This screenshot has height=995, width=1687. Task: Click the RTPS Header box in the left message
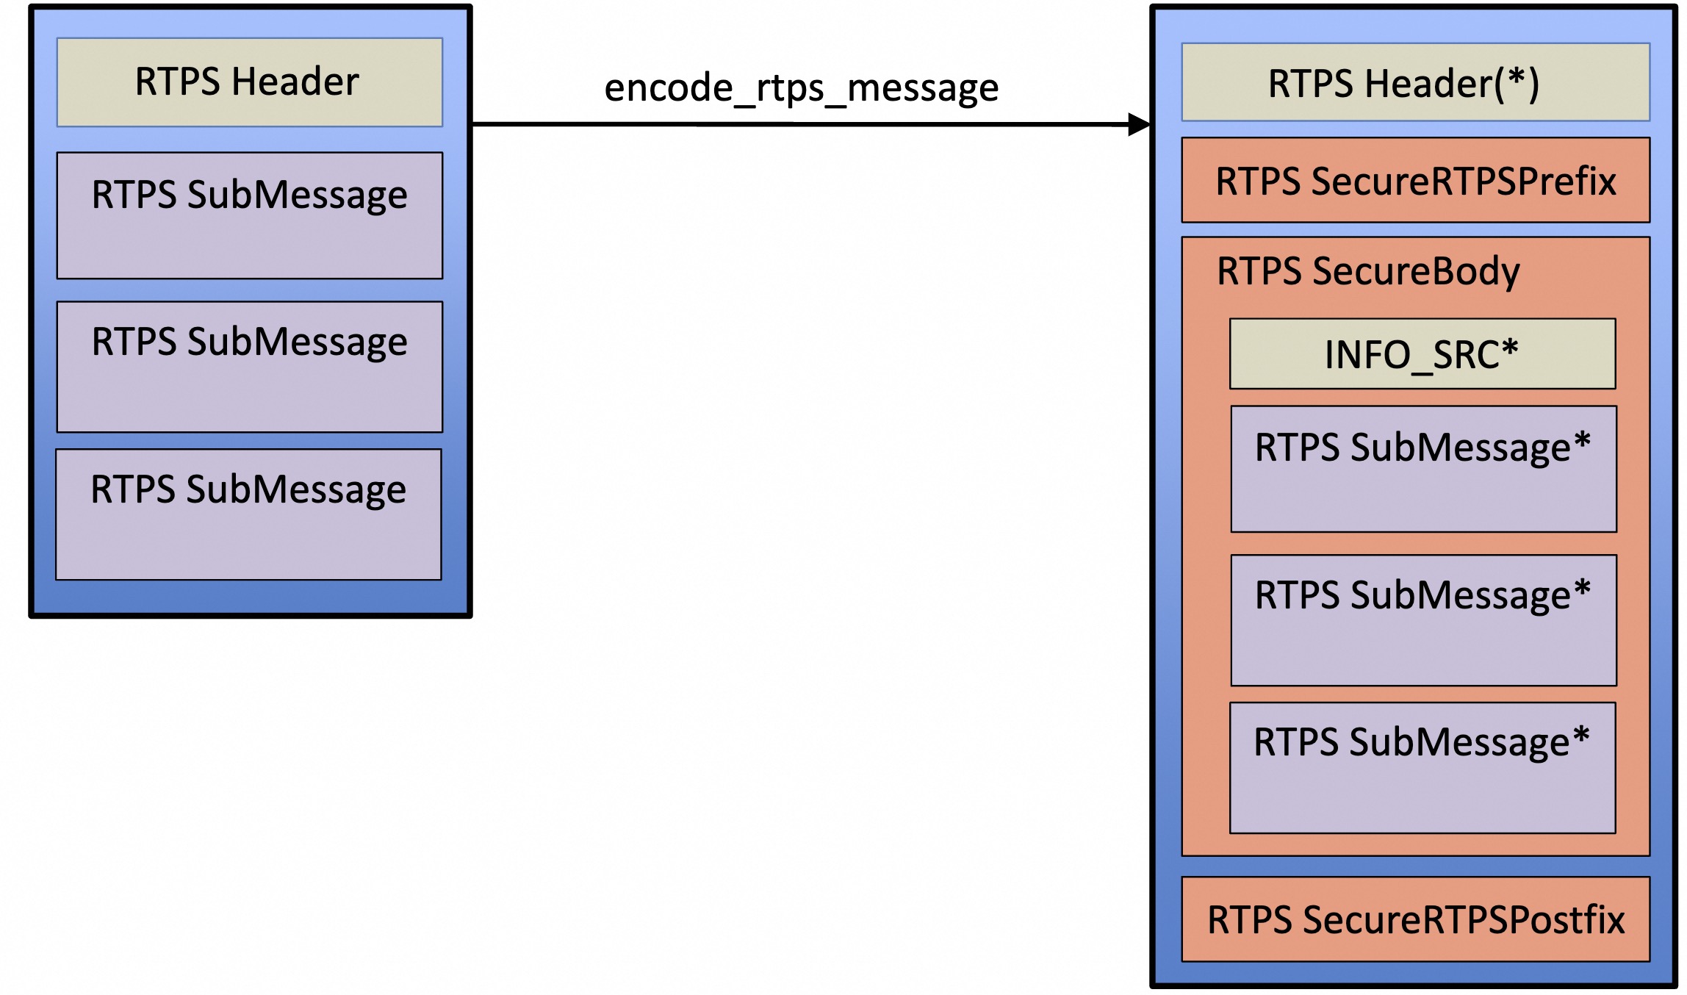(250, 82)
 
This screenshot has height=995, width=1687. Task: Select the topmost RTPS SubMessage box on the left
(250, 215)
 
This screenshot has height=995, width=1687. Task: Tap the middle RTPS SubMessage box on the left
(250, 366)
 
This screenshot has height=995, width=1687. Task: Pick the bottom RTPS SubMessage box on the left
(248, 514)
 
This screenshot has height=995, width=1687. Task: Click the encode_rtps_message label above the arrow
(801, 88)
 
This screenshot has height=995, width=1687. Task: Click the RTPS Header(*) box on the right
(1415, 82)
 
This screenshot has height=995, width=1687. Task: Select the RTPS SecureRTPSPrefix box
(1415, 181)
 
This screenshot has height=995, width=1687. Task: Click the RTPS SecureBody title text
(1368, 271)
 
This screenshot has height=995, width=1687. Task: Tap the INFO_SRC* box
(1422, 354)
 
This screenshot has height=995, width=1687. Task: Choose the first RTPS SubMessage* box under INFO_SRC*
(1423, 469)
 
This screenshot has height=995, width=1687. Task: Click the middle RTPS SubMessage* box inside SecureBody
(1423, 620)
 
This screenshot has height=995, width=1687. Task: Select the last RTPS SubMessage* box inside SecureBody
(1422, 768)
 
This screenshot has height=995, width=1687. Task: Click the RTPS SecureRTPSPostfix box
(1415, 919)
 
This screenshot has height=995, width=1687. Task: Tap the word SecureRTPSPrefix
(1464, 182)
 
